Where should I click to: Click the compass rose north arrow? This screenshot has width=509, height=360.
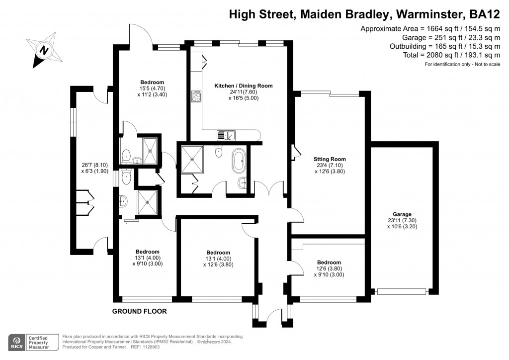(44, 50)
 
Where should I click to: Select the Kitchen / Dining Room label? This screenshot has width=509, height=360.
(243, 86)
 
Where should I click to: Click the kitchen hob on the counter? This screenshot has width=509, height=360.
(196, 96)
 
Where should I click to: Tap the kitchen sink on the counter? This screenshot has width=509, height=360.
(226, 134)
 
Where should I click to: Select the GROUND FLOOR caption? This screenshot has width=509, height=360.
(139, 311)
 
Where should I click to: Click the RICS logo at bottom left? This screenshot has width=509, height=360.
(18, 342)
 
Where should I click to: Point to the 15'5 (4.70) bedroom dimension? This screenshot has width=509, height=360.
(152, 89)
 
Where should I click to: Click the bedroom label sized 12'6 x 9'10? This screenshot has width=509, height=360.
(329, 262)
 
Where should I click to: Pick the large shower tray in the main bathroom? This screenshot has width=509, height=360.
(191, 159)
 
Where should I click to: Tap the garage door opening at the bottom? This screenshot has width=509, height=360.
(402, 292)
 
